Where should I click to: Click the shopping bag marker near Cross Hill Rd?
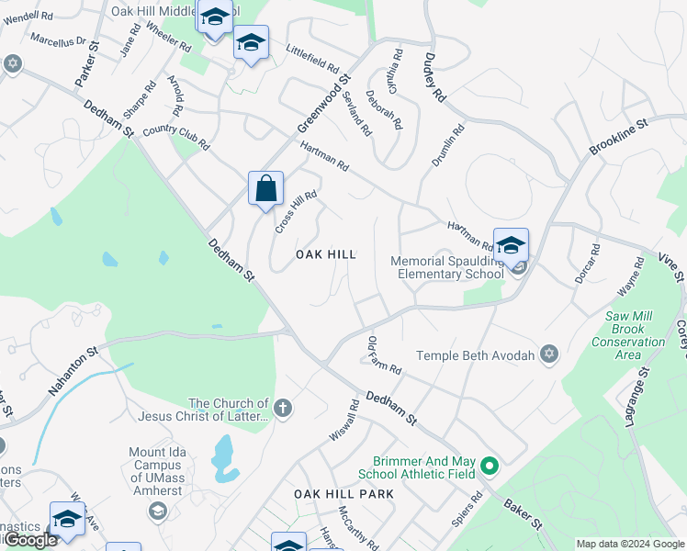point(265,189)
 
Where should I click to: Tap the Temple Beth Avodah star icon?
point(549,354)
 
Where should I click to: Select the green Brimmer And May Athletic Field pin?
point(490,467)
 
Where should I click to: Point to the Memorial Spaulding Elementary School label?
point(447,267)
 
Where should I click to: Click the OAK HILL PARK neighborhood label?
point(343,494)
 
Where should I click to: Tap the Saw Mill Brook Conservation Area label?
point(628,335)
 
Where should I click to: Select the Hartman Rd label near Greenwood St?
point(323,157)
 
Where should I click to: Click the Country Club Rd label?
point(176,138)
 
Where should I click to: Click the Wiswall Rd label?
point(342,419)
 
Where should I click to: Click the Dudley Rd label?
point(434,76)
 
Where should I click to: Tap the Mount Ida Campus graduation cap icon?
point(158,511)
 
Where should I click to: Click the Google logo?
point(29,540)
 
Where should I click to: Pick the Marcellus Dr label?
point(57,40)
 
